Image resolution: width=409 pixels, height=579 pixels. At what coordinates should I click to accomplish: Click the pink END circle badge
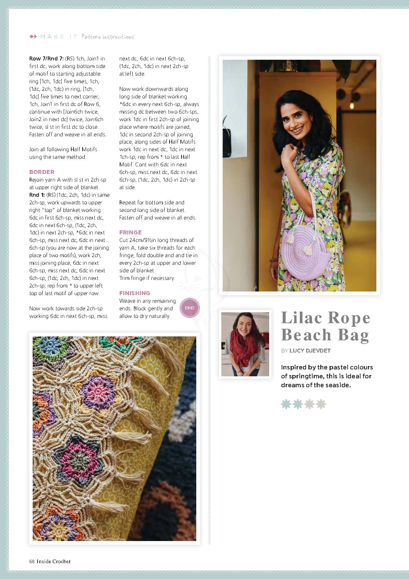189,308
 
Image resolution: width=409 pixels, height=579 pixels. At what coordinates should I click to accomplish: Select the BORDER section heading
42,172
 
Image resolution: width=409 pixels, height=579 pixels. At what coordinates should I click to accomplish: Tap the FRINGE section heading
131,232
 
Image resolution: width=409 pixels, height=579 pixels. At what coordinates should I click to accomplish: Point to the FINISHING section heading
135,293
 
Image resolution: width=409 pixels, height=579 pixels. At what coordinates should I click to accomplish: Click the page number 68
32,561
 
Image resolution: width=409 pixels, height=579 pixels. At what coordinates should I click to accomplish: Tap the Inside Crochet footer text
53,561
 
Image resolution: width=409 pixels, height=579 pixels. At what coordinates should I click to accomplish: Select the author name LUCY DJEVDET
310,351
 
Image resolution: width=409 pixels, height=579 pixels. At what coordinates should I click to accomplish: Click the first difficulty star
286,404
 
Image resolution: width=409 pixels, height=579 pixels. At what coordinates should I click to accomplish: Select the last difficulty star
321,404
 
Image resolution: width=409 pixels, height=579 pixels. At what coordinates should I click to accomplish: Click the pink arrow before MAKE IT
33,37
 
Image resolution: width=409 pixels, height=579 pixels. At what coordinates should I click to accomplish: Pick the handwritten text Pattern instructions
108,37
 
